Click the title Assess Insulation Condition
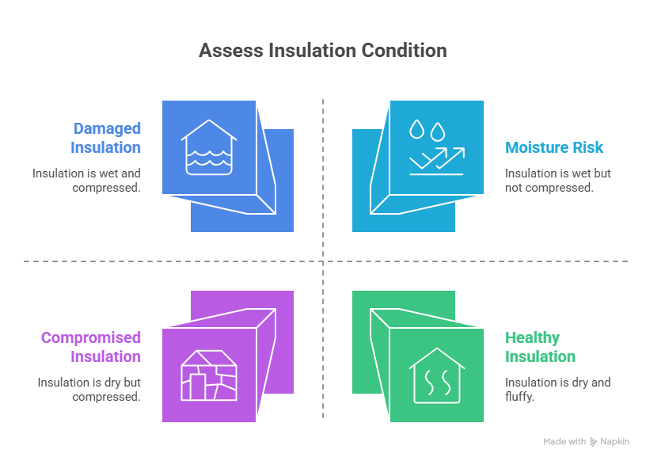click(x=322, y=51)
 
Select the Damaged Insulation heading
click(x=106, y=138)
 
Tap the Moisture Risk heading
click(x=554, y=147)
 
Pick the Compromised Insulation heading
click(x=91, y=347)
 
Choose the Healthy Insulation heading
click(x=540, y=347)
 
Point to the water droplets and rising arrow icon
click(x=435, y=147)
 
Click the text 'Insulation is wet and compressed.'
click(x=86, y=180)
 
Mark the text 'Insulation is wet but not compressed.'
click(x=558, y=180)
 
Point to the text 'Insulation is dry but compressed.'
click(x=89, y=389)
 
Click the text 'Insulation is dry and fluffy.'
click(x=557, y=389)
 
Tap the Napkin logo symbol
click(x=593, y=442)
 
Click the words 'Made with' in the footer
click(x=564, y=442)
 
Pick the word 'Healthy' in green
click(x=533, y=338)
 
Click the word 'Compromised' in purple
click(x=91, y=338)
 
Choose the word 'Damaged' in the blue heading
click(x=107, y=128)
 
